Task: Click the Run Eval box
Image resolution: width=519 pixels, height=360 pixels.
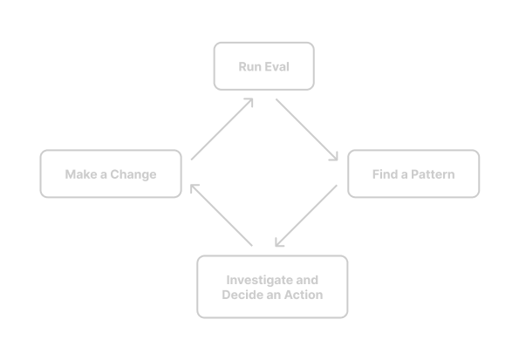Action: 263,66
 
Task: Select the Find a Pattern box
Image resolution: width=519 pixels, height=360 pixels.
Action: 413,174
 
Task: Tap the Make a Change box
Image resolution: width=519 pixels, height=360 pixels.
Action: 111,174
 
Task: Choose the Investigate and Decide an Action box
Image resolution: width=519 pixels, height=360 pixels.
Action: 272,287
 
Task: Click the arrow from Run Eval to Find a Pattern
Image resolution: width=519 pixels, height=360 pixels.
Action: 306,130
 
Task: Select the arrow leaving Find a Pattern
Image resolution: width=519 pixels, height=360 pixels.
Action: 305,215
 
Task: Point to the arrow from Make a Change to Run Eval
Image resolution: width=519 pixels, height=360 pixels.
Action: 222,129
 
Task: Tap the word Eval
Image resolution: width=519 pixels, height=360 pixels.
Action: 277,66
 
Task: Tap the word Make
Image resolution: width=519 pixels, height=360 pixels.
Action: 79,174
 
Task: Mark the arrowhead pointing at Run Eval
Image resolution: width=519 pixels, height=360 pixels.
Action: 249,102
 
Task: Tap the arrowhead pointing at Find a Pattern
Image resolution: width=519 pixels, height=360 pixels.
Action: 334,158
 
